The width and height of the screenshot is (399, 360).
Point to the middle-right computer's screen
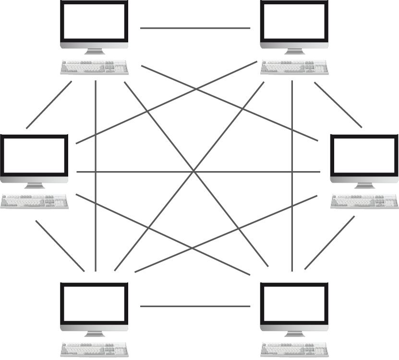[x=365, y=157]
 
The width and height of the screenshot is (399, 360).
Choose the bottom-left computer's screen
[x=94, y=304]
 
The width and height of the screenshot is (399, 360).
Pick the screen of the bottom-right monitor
[x=294, y=304]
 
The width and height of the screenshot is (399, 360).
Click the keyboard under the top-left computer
[x=95, y=67]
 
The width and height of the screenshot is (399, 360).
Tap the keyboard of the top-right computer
[x=294, y=67]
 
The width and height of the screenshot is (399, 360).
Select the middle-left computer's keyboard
[x=34, y=201]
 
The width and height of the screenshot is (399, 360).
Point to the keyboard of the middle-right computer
[x=365, y=201]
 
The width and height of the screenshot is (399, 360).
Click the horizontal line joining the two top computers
[x=195, y=28]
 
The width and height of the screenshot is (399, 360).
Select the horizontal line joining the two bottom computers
[x=195, y=306]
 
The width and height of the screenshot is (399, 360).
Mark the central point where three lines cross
[x=193, y=172]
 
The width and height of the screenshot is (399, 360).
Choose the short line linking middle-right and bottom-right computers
[x=329, y=242]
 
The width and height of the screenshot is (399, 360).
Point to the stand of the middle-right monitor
[x=365, y=186]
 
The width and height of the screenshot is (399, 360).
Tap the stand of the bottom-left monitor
[x=94, y=333]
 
